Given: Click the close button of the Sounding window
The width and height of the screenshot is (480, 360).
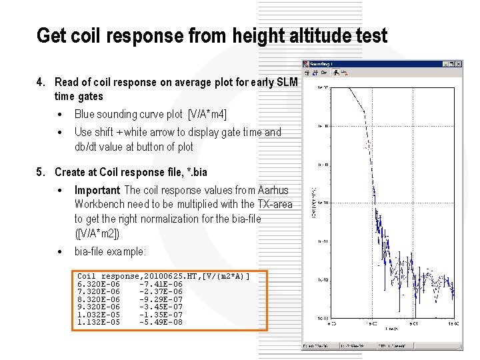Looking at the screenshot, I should coord(457,64).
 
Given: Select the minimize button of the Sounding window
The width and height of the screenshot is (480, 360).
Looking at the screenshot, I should coord(445,64).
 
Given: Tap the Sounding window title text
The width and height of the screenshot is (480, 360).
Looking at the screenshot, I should coord(324,64).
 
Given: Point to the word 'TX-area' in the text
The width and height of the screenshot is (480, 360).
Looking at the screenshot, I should coord(275,205).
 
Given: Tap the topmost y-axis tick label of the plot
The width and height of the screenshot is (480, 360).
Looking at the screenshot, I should coord(321,87).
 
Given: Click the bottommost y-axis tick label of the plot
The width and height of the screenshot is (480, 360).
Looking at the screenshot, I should coord(321,317).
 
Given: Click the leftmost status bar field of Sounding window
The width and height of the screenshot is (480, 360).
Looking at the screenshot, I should coord(319,346).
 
